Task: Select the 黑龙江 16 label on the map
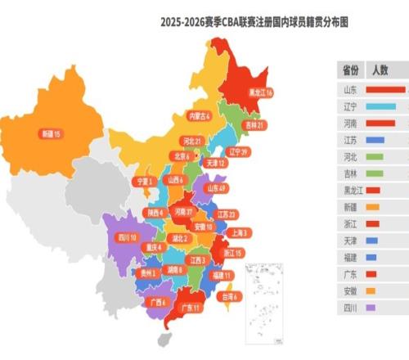coord(261,92)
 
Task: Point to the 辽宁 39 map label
coord(238,152)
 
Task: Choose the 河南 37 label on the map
coord(184,211)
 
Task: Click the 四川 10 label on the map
coord(128,237)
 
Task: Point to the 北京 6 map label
coord(182,156)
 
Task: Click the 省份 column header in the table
coord(349,70)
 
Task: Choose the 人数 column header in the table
coord(380,70)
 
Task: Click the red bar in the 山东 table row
coord(385,89)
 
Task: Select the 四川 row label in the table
coord(349,308)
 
